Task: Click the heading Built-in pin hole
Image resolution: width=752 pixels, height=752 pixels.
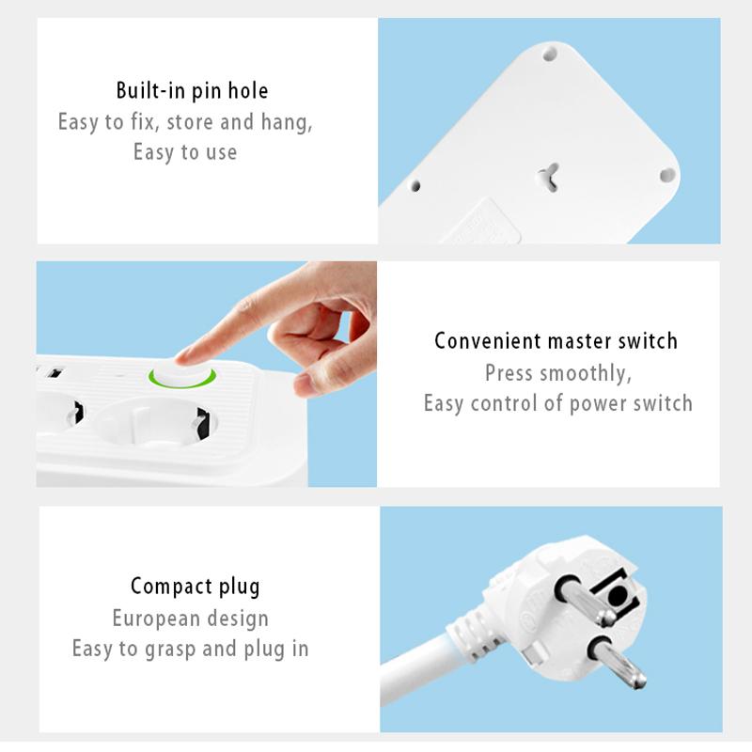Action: [x=192, y=91]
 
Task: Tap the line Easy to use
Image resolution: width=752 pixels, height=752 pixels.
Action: [x=184, y=152]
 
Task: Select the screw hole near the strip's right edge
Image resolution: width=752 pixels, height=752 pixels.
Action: [x=666, y=174]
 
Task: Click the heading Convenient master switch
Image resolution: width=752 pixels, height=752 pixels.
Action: [x=556, y=341]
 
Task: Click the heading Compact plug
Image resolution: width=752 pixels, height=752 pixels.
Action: [x=195, y=587]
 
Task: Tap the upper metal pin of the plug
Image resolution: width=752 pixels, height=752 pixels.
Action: [x=584, y=602]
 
